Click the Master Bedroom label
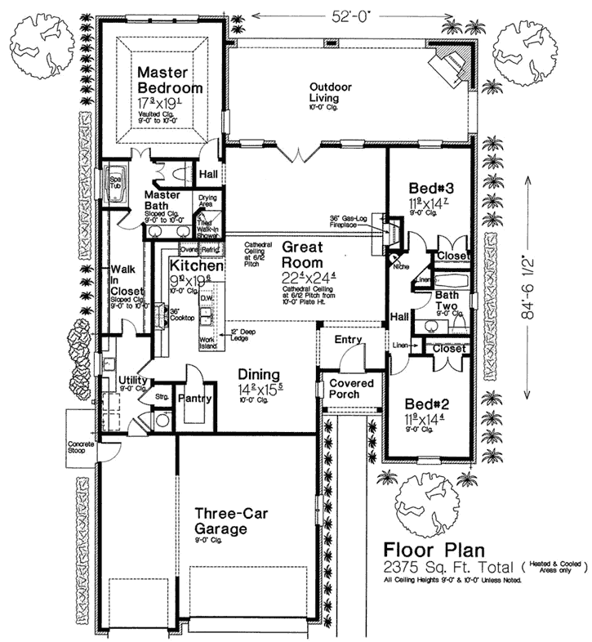point(169,79)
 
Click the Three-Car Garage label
point(232,519)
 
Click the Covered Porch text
point(351,390)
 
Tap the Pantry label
point(196,399)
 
